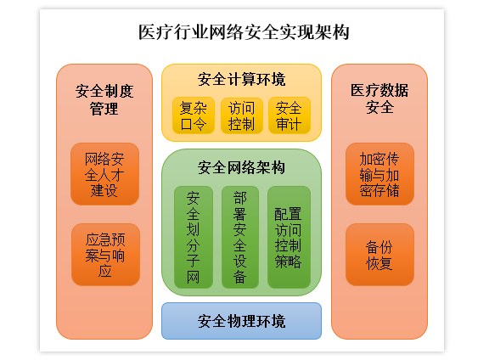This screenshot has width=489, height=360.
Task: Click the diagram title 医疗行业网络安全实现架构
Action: pyautogui.click(x=244, y=32)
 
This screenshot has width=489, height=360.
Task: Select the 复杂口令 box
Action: pyautogui.click(x=194, y=115)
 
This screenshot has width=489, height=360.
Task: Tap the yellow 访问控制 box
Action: pyautogui.click(x=241, y=115)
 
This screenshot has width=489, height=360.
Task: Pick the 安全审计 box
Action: pyautogui.click(x=289, y=115)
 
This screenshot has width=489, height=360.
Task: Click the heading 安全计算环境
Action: pyautogui.click(x=241, y=79)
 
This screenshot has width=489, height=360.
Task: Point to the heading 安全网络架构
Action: pyautogui.click(x=241, y=167)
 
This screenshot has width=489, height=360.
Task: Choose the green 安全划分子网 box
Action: pyautogui.click(x=194, y=237)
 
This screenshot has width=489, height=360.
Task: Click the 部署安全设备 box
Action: pyautogui.click(x=239, y=237)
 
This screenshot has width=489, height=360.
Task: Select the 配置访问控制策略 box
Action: pyautogui.click(x=289, y=237)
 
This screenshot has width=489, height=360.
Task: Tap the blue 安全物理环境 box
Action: pyautogui.click(x=241, y=321)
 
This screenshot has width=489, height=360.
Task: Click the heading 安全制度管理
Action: pyautogui.click(x=104, y=100)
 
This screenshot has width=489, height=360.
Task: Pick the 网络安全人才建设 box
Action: pyautogui.click(x=104, y=174)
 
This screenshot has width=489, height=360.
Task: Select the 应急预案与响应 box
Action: pyautogui.click(x=105, y=255)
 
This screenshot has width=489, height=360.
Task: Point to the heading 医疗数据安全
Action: pyautogui.click(x=379, y=98)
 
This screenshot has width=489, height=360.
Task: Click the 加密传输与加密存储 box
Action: pyautogui.click(x=379, y=174)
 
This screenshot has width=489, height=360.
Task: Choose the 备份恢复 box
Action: pyautogui.click(x=379, y=255)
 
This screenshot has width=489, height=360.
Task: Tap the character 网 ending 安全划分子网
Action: pyautogui.click(x=194, y=277)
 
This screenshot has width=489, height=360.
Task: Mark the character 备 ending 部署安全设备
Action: pyautogui.click(x=239, y=277)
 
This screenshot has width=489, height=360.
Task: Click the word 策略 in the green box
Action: pyautogui.click(x=288, y=262)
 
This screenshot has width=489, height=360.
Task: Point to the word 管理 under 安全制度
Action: pyautogui.click(x=104, y=109)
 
